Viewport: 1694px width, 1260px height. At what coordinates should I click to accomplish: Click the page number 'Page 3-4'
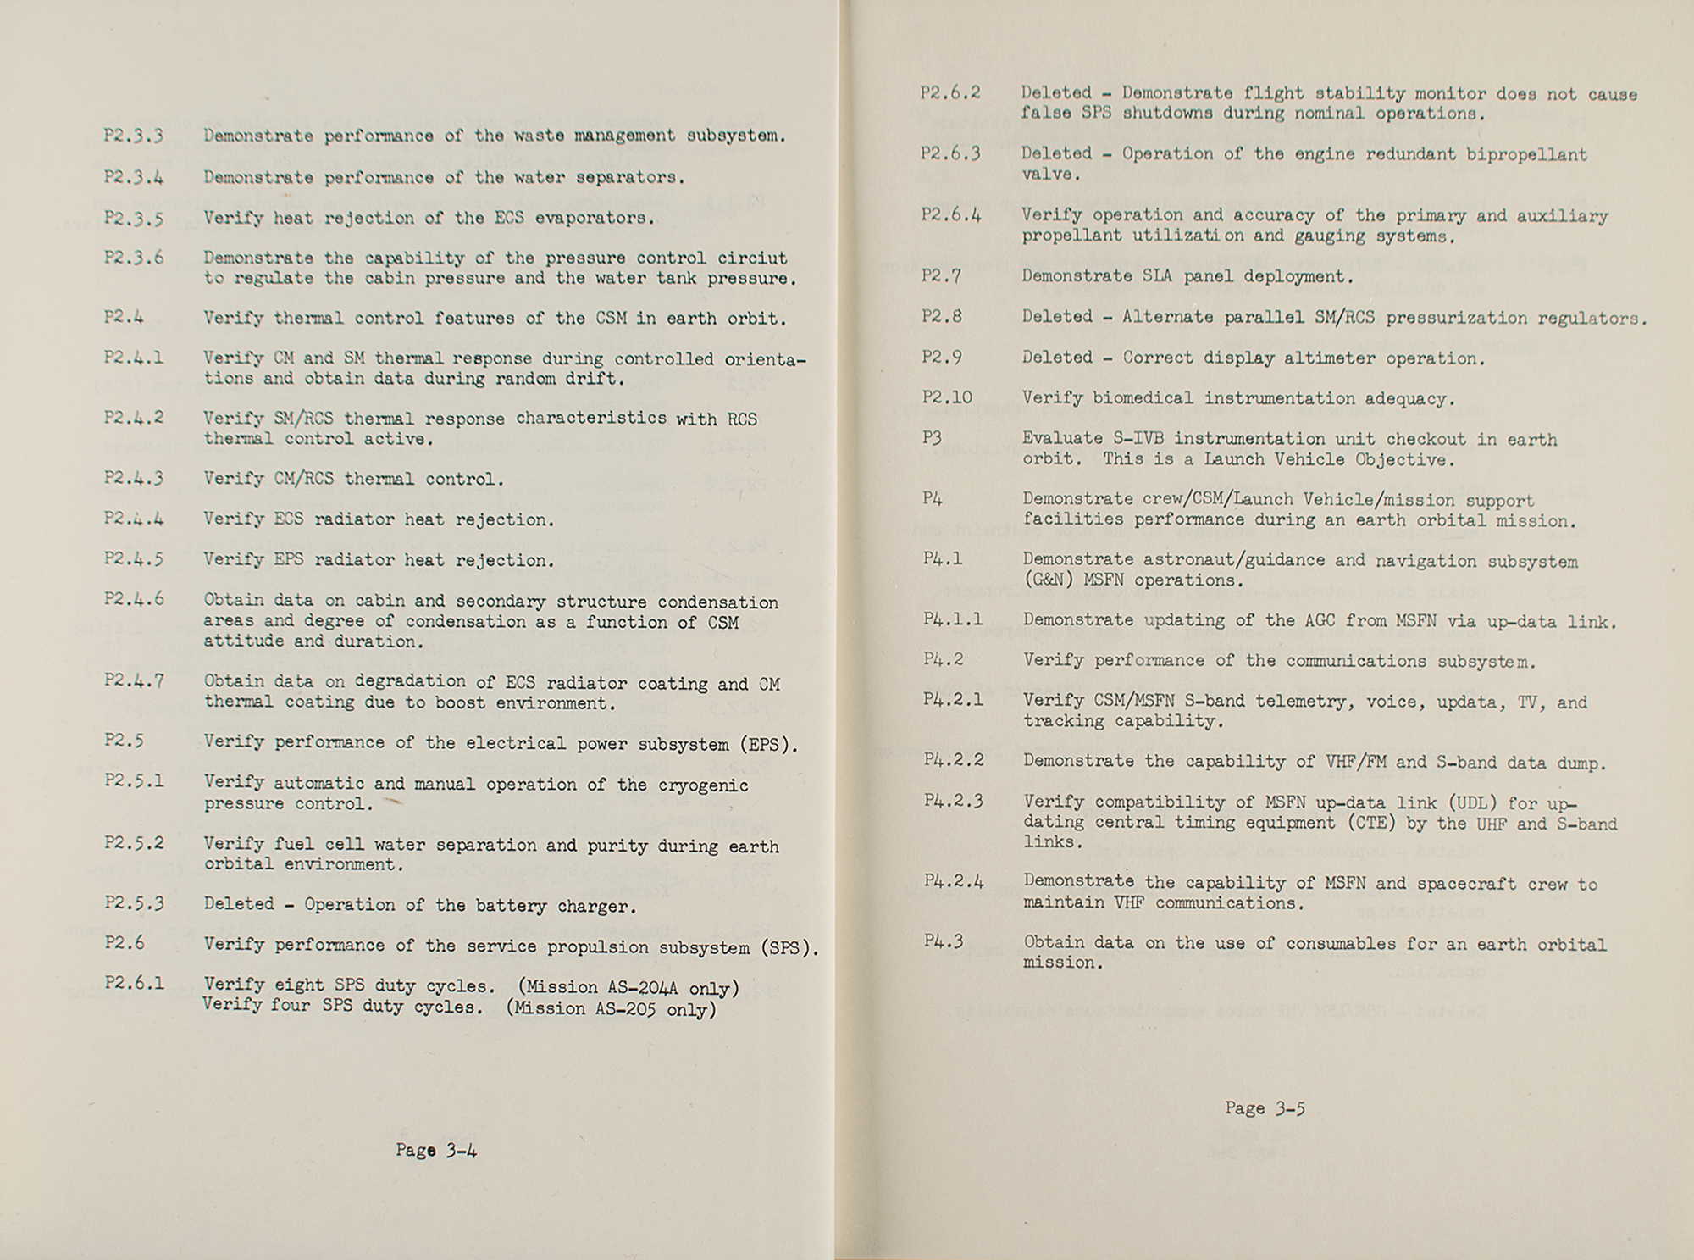[x=435, y=1151]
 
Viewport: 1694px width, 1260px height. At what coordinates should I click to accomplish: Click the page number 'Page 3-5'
[x=1265, y=1108]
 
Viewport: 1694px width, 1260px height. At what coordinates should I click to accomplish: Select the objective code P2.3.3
[x=134, y=136]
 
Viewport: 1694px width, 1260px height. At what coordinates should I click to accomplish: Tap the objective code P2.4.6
[x=134, y=600]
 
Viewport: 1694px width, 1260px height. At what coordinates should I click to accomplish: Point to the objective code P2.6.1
[x=134, y=985]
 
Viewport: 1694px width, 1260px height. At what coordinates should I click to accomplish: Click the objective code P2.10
[x=947, y=397]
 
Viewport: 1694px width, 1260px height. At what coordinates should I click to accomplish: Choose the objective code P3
[x=932, y=438]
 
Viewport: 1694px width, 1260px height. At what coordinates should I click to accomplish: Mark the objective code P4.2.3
[x=953, y=801]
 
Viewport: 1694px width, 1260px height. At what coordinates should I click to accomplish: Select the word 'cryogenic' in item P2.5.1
[x=703, y=785]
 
